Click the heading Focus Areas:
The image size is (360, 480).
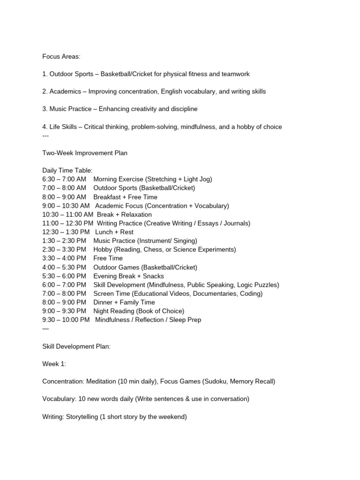pyautogui.click(x=61, y=57)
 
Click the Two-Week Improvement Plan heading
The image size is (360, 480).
pyautogui.click(x=85, y=153)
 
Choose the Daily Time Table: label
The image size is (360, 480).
pyautogui.click(x=67, y=170)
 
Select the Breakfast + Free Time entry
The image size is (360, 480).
pyautogui.click(x=125, y=197)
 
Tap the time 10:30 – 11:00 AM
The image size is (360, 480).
pyautogui.click(x=67, y=214)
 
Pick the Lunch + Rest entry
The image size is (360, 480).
pyautogui.click(x=114, y=232)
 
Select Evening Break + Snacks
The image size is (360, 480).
pyautogui.click(x=128, y=276)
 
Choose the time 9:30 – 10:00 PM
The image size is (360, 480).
pyautogui.click(x=66, y=320)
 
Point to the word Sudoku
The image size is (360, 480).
pyautogui.click(x=216, y=381)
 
